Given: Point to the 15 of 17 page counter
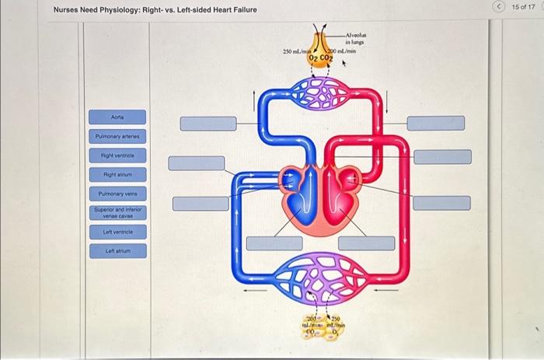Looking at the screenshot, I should tap(523, 8).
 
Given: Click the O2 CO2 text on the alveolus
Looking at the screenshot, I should tap(320, 58).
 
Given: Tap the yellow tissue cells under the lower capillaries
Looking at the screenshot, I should tap(321, 325).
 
